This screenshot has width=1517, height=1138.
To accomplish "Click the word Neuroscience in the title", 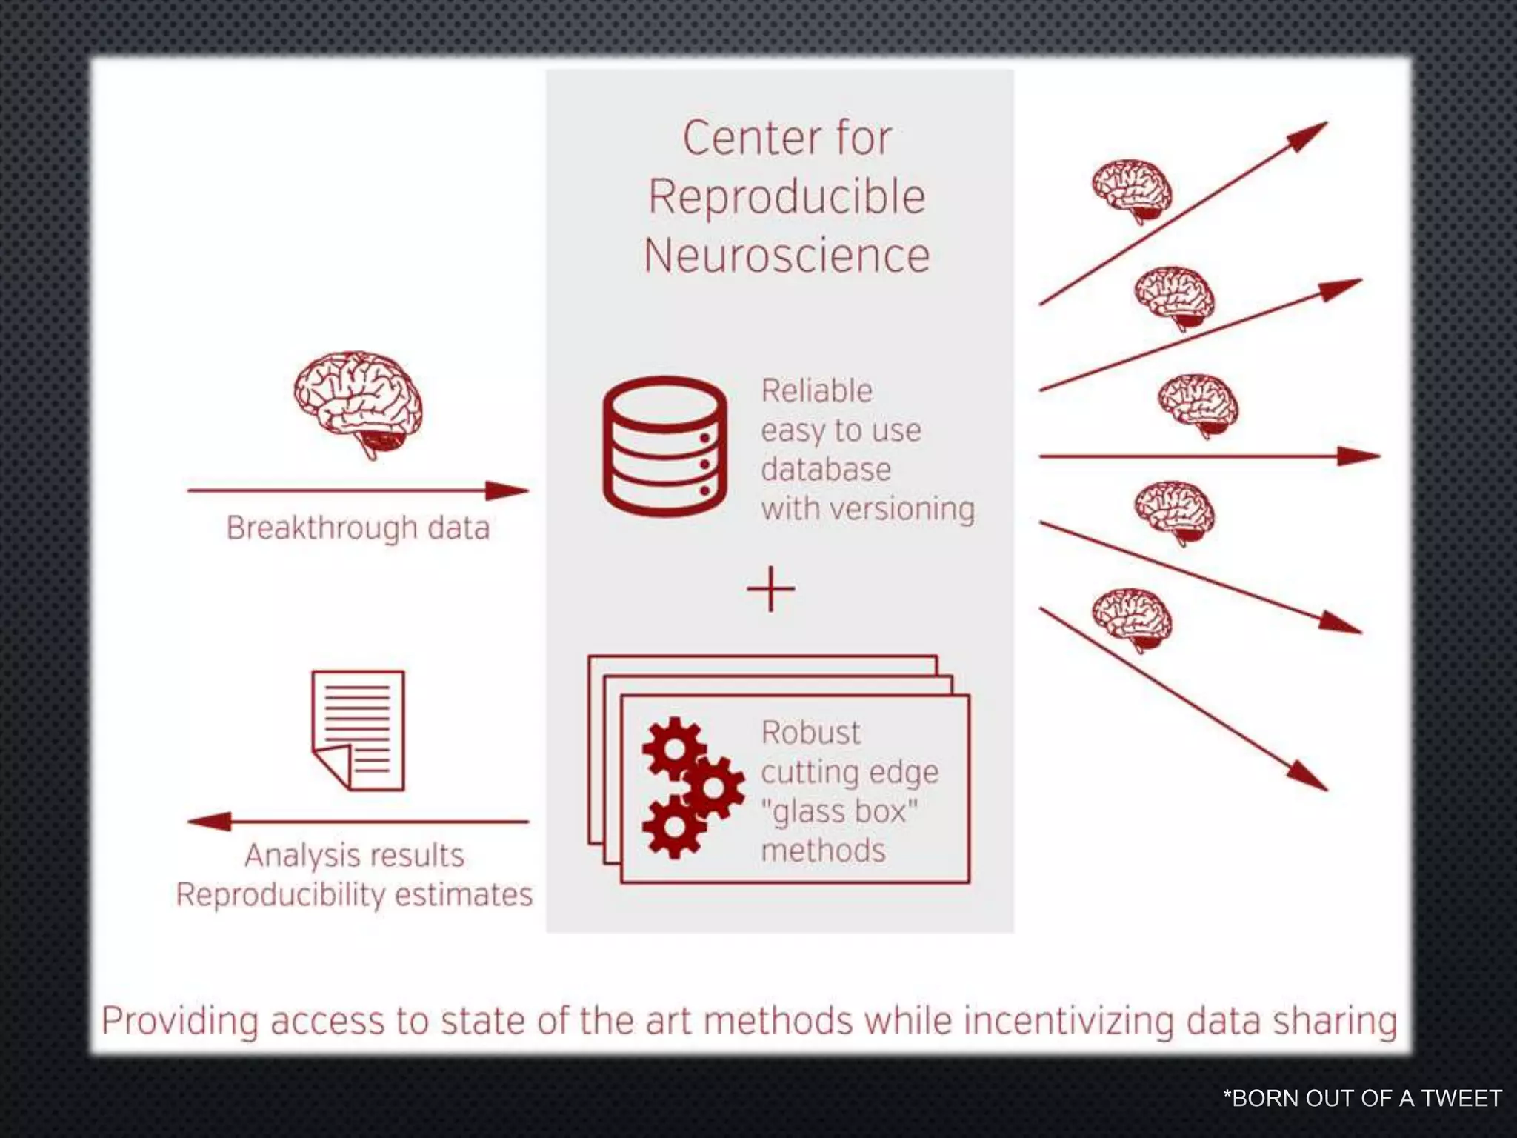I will [x=787, y=256].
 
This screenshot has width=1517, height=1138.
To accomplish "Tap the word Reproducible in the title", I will [x=787, y=197].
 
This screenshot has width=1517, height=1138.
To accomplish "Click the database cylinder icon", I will [x=664, y=447].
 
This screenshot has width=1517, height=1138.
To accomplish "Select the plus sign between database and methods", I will [x=771, y=590].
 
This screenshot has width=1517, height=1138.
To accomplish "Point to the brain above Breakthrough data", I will [x=359, y=404].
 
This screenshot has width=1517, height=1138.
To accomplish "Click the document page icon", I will [x=359, y=731].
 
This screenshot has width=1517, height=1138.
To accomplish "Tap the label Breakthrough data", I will [x=358, y=528].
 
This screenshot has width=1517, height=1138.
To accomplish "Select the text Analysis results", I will [x=354, y=856].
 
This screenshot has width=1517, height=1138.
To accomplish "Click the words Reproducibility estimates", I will [x=354, y=895].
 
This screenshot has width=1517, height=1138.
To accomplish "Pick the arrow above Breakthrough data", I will [x=358, y=490].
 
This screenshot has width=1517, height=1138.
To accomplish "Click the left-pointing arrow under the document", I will [x=358, y=821].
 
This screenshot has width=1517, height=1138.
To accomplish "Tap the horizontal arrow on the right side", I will [x=1209, y=456].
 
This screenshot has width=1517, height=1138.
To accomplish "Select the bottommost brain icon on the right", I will [x=1132, y=619].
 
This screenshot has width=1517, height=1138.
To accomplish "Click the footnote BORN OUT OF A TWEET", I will [x=1362, y=1098].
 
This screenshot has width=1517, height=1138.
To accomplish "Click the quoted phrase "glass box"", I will [x=838, y=811].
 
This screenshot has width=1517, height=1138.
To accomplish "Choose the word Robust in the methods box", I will [x=810, y=733].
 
